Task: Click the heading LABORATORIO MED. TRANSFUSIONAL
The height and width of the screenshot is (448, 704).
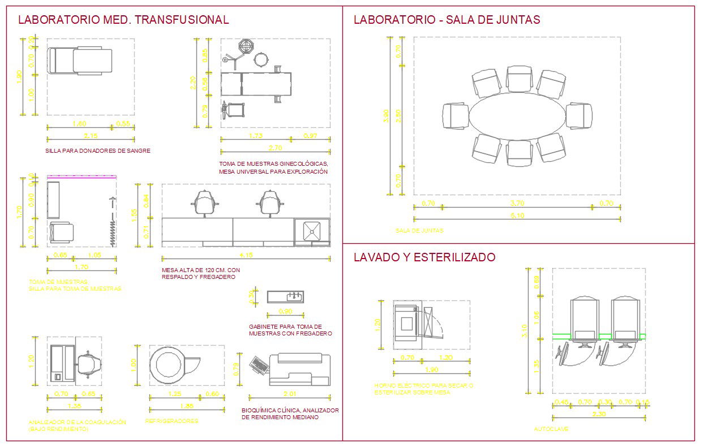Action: (123, 20)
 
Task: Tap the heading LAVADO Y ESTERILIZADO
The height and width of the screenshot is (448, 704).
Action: (424, 257)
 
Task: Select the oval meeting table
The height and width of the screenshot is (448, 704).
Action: (517, 116)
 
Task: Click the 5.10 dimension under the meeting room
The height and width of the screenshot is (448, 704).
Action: (517, 215)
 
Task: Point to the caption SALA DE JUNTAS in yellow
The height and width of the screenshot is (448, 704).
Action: (419, 231)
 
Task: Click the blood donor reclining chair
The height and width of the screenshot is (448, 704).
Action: (80, 61)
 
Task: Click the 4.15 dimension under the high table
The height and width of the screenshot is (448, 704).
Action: (246, 255)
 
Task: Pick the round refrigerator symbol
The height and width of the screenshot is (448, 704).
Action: (167, 362)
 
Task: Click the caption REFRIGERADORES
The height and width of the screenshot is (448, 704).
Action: (172, 421)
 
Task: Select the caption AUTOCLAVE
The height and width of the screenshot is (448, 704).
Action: (551, 429)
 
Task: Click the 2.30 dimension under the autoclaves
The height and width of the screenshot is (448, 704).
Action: (599, 413)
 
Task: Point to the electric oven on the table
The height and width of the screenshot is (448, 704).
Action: (406, 324)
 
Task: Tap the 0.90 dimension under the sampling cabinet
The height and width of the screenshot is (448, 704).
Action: (285, 312)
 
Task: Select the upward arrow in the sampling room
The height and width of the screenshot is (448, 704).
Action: (112, 203)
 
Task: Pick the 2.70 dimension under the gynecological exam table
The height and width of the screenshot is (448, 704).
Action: (275, 148)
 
